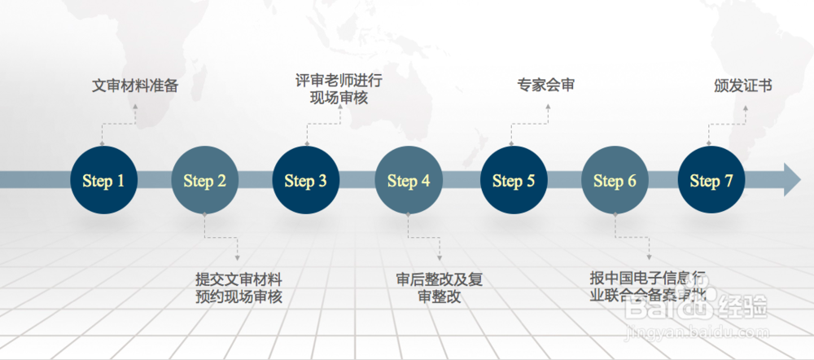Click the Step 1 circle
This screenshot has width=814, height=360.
(x=103, y=180)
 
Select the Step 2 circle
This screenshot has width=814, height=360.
(x=204, y=180)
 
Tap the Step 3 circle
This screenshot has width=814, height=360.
(x=305, y=180)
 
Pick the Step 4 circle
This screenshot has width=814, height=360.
(x=408, y=180)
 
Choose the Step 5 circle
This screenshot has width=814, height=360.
(x=513, y=180)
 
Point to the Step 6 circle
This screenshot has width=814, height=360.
(x=615, y=180)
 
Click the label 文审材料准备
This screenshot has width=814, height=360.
(x=135, y=85)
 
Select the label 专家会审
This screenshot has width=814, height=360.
(x=545, y=85)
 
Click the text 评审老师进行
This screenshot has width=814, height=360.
(x=339, y=81)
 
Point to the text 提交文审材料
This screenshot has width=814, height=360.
(x=239, y=279)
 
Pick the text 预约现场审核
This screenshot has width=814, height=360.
(x=239, y=297)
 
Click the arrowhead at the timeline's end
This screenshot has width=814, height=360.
(x=792, y=180)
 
